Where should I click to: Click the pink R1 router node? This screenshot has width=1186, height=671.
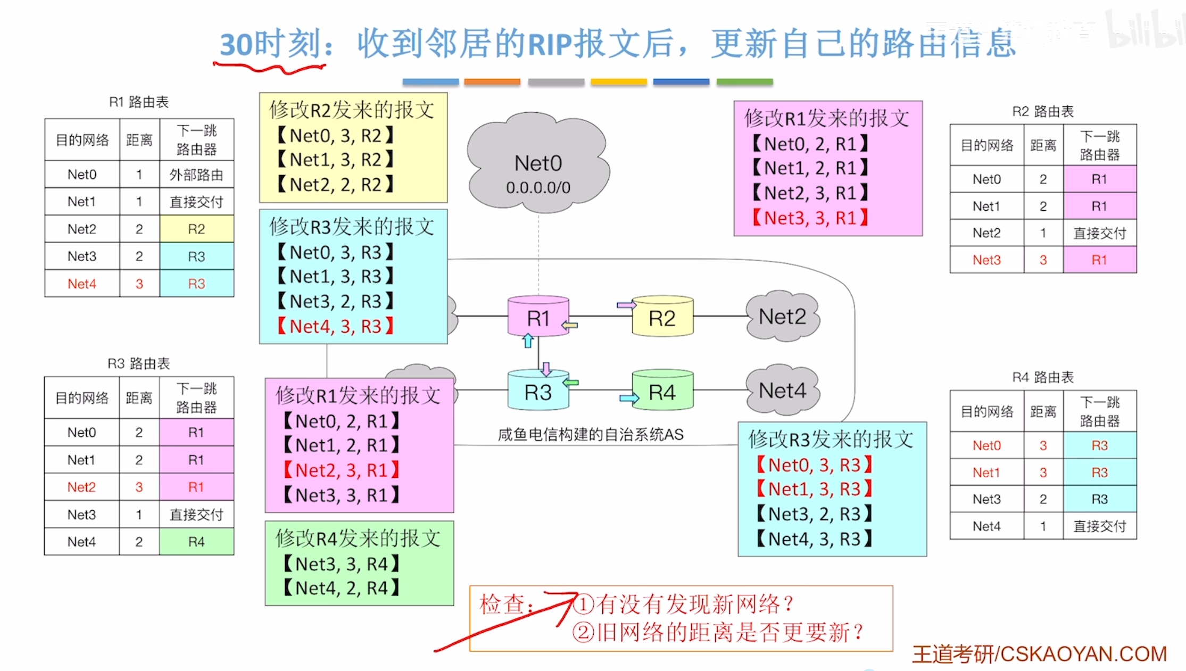click(538, 317)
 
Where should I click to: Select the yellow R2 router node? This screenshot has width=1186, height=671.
click(662, 318)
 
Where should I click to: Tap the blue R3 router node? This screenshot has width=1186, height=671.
click(538, 392)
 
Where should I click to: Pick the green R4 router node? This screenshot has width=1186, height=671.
click(662, 392)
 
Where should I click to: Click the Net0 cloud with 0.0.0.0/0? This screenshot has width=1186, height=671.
click(538, 165)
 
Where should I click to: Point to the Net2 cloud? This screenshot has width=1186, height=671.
click(782, 317)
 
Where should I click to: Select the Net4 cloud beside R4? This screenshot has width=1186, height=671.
click(782, 391)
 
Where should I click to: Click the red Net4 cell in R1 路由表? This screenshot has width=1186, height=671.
click(82, 284)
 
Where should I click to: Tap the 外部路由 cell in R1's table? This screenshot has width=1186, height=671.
click(196, 175)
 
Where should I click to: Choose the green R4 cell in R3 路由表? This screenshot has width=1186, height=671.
click(196, 542)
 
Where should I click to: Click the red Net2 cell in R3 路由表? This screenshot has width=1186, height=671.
click(81, 487)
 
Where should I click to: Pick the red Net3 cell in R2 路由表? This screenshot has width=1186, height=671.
click(986, 260)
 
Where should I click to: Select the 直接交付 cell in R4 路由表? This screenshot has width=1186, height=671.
click(1099, 526)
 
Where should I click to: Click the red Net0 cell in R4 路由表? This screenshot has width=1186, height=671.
click(986, 445)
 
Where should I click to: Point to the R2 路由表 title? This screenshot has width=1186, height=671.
click(1042, 111)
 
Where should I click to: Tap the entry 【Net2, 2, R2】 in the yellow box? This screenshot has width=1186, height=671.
click(335, 185)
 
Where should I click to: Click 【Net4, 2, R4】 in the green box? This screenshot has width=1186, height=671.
click(341, 588)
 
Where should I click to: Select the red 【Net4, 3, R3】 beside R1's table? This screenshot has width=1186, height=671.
click(335, 326)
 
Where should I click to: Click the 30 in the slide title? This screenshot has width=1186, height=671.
click(236, 45)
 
